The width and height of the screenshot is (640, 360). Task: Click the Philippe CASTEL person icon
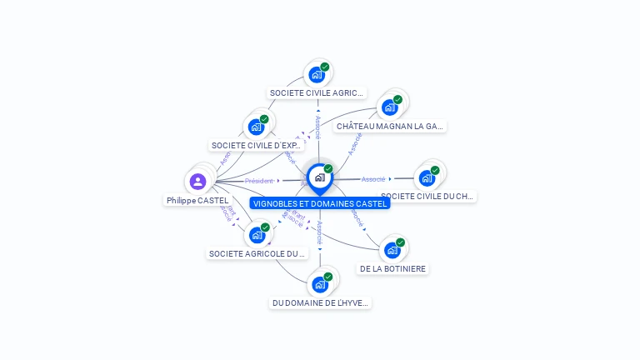tap(197, 181)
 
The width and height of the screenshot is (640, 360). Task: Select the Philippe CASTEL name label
tap(197, 201)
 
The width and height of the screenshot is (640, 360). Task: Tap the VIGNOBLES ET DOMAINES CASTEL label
tap(320, 203)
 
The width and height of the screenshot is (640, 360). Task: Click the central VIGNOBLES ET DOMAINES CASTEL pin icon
tap(319, 177)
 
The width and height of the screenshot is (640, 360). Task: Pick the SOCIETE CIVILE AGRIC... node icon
tap(317, 74)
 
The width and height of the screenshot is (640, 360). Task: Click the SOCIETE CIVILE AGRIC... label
tap(317, 93)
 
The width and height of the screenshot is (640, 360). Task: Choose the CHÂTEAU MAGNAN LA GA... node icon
tap(389, 107)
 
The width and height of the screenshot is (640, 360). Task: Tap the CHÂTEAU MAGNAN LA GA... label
tap(390, 127)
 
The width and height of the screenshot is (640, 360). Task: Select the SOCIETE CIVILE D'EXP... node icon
tap(256, 127)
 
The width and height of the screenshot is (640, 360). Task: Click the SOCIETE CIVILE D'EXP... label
tap(256, 146)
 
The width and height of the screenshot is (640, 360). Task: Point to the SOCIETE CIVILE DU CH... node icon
tap(427, 177)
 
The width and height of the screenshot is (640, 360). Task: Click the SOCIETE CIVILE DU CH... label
tap(427, 197)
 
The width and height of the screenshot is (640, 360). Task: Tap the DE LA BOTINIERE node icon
tap(392, 249)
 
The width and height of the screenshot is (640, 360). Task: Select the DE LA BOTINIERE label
tap(392, 269)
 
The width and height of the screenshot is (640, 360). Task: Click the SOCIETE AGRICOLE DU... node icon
tap(257, 235)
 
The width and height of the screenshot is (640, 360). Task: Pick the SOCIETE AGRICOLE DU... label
tap(257, 253)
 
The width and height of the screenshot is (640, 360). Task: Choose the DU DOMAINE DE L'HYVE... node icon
tap(320, 284)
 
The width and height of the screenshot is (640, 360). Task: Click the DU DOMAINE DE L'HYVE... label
tap(320, 303)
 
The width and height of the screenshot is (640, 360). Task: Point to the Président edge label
tap(259, 181)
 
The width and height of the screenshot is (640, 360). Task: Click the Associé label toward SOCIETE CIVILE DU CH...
tap(373, 179)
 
